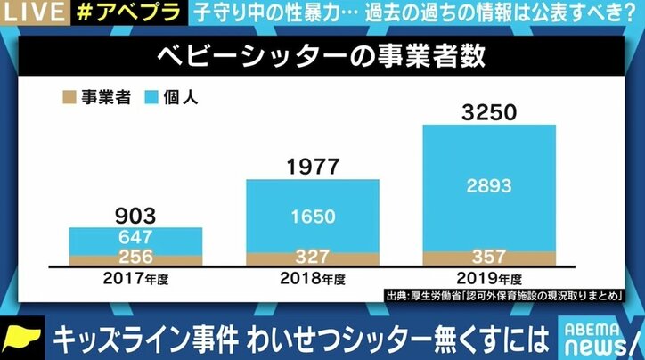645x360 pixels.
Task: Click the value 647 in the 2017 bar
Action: click(135, 238)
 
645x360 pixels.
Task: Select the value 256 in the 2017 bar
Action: click(135, 258)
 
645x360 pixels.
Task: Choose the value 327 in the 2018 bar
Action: click(312, 257)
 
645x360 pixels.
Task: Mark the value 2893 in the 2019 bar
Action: click(489, 185)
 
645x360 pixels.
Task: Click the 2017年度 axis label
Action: click(135, 279)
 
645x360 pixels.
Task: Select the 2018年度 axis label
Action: click(312, 279)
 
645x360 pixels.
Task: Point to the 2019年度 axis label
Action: click(489, 279)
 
